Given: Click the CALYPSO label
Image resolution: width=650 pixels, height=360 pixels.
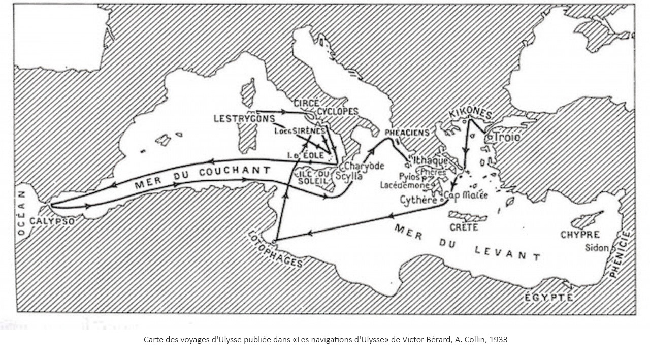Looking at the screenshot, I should pos(52,221).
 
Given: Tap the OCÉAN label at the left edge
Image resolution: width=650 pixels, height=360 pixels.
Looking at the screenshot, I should pos(21,213).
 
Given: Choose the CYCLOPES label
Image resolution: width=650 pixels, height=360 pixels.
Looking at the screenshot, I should pos(338,111).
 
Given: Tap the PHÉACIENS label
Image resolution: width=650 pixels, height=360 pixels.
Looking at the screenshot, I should pos(407,132).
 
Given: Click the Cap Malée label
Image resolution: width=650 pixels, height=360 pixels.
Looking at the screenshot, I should pos(466,195).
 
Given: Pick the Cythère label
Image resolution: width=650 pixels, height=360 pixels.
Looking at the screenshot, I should pos(418,201).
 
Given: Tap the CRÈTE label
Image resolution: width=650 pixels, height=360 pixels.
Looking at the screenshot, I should pos(464,227).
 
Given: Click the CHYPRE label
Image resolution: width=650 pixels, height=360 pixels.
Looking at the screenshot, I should pos(580,235).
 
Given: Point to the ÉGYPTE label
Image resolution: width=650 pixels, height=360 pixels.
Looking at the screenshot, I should pos(549,297).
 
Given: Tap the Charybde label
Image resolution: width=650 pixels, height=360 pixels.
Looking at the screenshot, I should pos(364,166).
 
